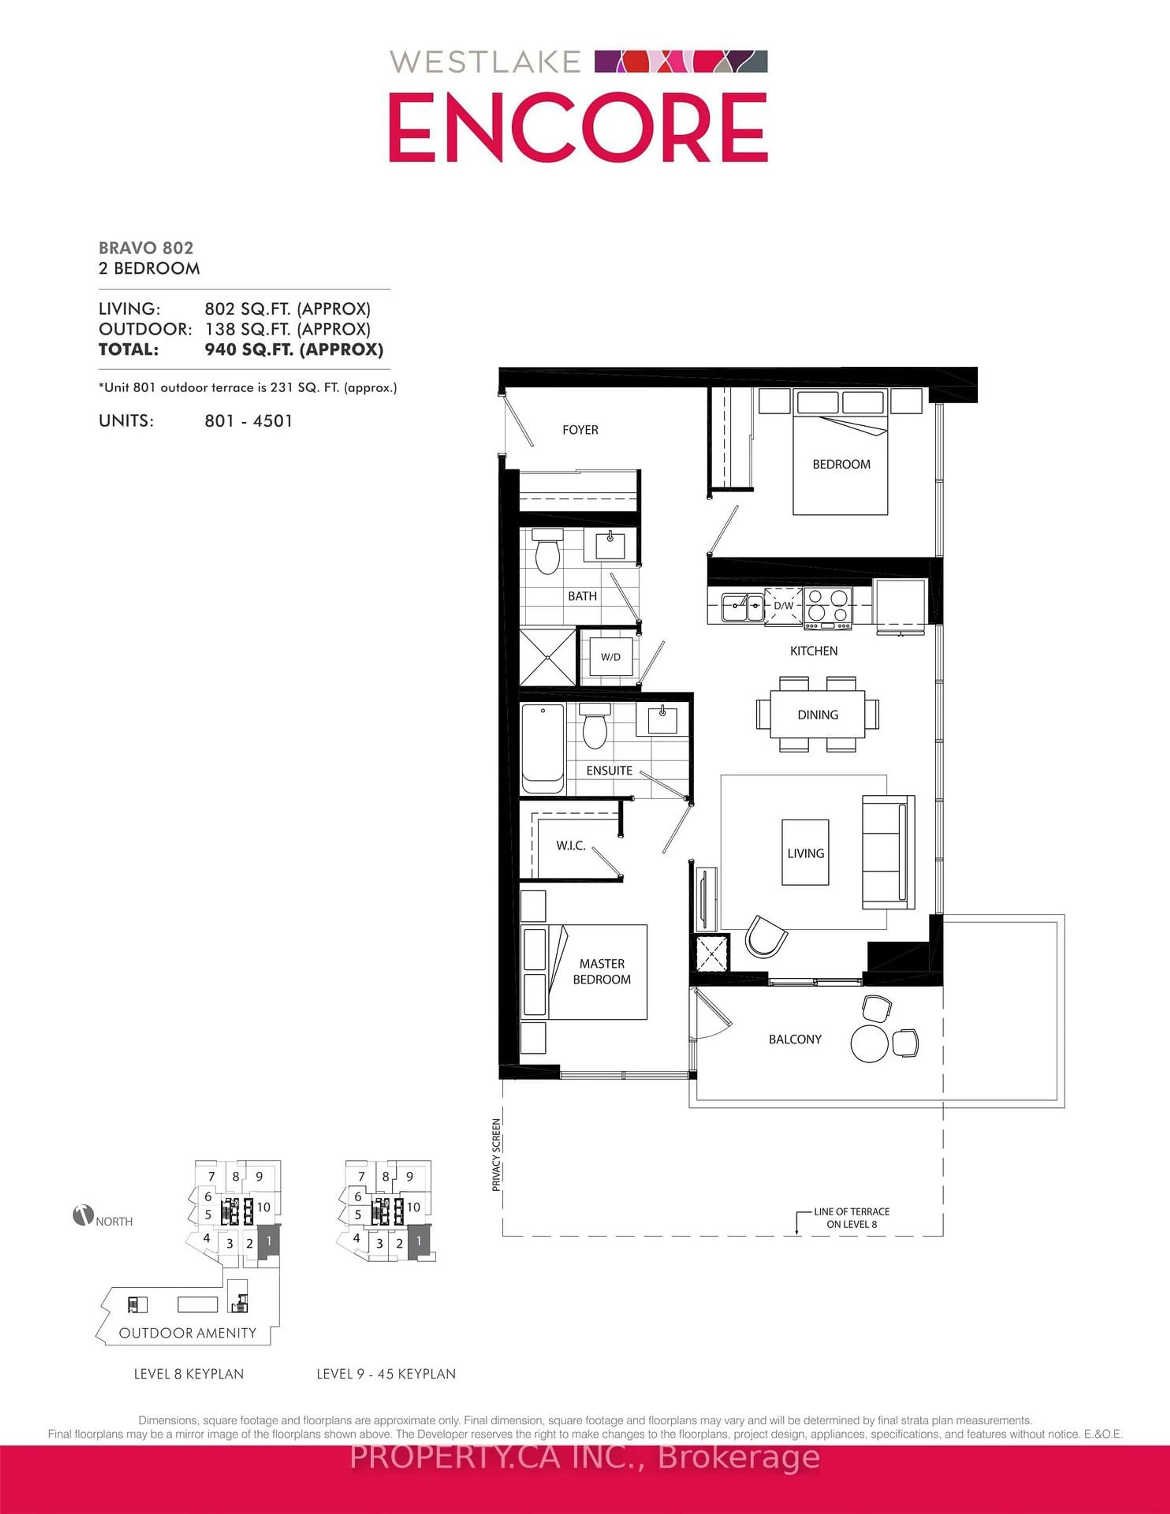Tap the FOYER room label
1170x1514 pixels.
(580, 430)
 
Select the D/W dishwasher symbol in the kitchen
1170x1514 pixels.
(783, 606)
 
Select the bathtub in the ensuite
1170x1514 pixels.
(543, 749)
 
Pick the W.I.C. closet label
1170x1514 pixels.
(570, 846)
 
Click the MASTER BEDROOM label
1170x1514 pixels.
(602, 971)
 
